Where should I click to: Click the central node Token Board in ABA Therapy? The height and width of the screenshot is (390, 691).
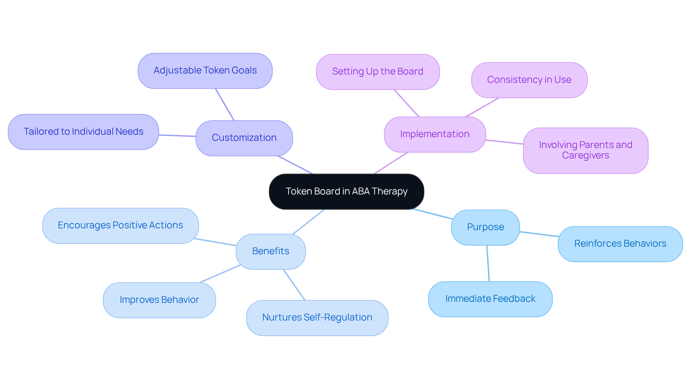pyautogui.click(x=346, y=192)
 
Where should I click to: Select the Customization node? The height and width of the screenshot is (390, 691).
pyautogui.click(x=244, y=138)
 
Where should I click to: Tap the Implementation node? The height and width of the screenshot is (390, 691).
pyautogui.click(x=435, y=134)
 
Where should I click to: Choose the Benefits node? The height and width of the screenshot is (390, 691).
pyautogui.click(x=271, y=251)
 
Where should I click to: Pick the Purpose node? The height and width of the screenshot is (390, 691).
pyautogui.click(x=485, y=227)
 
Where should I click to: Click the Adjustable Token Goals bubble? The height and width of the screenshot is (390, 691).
pyautogui.click(x=205, y=71)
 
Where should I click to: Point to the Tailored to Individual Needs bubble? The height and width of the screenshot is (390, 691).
pyautogui.click(x=83, y=132)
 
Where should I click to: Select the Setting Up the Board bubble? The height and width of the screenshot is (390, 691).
pyautogui.click(x=378, y=72)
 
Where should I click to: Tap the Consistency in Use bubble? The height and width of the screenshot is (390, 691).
pyautogui.click(x=529, y=80)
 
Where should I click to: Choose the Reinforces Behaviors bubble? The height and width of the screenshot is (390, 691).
pyautogui.click(x=620, y=244)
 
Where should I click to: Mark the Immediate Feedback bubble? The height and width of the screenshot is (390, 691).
pyautogui.click(x=490, y=299)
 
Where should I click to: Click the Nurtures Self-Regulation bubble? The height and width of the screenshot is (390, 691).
pyautogui.click(x=317, y=318)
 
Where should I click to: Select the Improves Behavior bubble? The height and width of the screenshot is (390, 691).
pyautogui.click(x=159, y=300)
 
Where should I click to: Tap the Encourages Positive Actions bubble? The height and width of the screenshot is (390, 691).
pyautogui.click(x=121, y=225)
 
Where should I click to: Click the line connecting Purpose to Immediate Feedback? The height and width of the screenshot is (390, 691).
pyautogui.click(x=488, y=263)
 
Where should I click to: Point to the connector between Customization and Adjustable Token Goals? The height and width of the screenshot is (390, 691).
pyautogui.click(x=225, y=104)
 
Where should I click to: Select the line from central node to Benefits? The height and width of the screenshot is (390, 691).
pyautogui.click(x=309, y=221)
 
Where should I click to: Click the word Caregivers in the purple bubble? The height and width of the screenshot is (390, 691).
pyautogui.click(x=586, y=156)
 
